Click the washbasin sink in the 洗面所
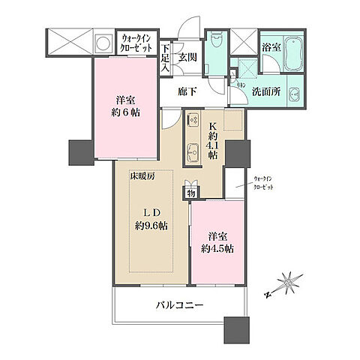tap(294, 95)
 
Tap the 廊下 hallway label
tap(187, 91)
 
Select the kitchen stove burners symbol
tap(192, 119)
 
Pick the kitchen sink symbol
tap(192, 148)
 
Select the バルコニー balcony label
tap(182, 305)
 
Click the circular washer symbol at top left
tap(102, 42)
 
